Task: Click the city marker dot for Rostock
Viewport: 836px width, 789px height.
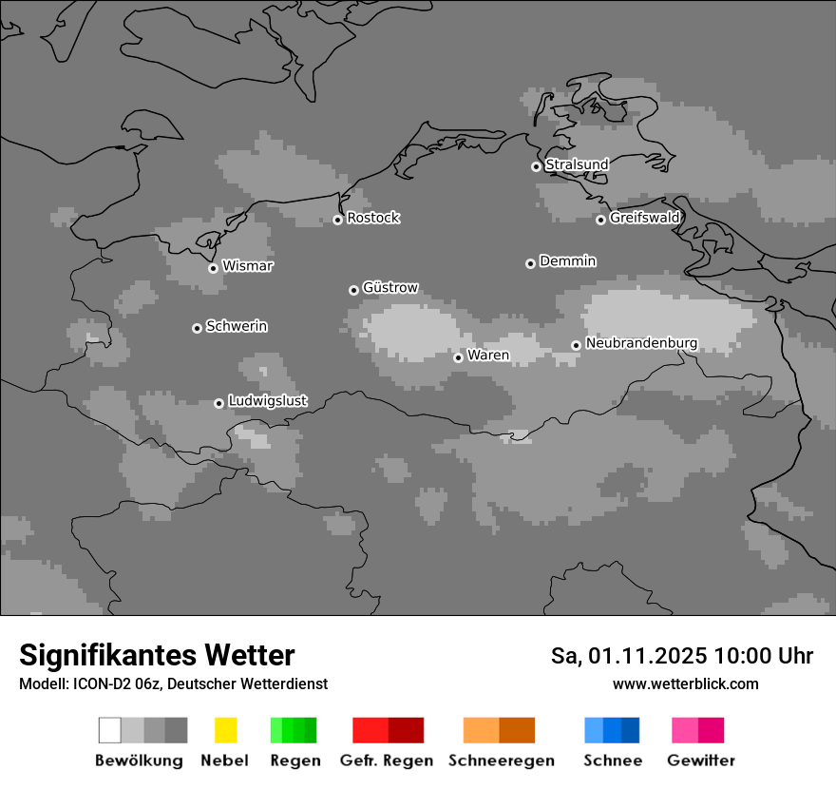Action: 337,220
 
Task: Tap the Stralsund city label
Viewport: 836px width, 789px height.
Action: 577,164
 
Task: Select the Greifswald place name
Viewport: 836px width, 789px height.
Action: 644,218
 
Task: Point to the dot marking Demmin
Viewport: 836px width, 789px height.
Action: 530,263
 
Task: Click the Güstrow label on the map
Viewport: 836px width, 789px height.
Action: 390,287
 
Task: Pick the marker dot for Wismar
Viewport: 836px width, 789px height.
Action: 213,268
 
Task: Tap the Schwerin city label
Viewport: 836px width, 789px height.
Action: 237,326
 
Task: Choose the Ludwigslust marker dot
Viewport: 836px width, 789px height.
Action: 218,403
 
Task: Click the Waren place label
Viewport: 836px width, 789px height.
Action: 488,356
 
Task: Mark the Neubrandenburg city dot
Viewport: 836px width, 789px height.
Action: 576,346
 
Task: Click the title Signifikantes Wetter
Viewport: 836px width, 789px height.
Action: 157,655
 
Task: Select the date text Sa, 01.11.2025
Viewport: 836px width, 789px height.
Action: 629,656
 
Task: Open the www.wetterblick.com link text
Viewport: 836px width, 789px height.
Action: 685,684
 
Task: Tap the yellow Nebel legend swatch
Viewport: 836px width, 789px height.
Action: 225,730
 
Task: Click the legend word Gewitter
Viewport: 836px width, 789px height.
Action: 701,760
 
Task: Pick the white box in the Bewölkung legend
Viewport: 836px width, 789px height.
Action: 110,730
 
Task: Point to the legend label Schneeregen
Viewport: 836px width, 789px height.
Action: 502,760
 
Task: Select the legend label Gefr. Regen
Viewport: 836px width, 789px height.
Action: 386,760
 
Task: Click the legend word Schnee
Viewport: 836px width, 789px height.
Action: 612,760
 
